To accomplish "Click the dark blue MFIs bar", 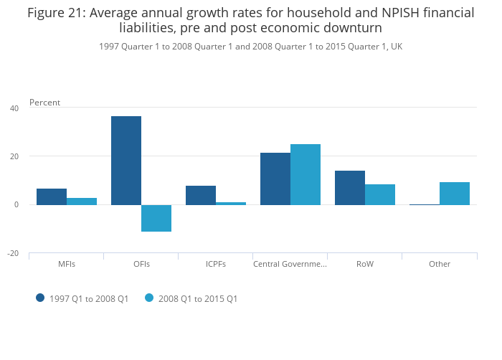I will tap(52, 196).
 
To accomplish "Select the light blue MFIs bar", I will tap(82, 201).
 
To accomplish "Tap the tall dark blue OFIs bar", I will tap(126, 160).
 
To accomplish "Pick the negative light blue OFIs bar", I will tap(156, 218).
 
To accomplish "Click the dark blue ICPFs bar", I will tap(201, 195).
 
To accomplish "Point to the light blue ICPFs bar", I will tap(231, 203).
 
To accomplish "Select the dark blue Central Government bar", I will tap(275, 179).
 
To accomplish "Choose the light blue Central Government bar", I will tap(306, 174).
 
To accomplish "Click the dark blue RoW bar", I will tap(350, 187).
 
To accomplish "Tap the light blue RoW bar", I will tap(380, 194).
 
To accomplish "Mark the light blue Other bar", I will tap(455, 193).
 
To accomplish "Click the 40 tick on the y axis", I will tap(14, 108).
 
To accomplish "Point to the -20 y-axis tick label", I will tap(13, 253).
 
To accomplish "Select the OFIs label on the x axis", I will tap(141, 264).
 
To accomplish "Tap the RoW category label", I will tap(365, 264).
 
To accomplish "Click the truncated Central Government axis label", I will tap(290, 264).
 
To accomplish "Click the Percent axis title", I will tap(44, 103).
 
